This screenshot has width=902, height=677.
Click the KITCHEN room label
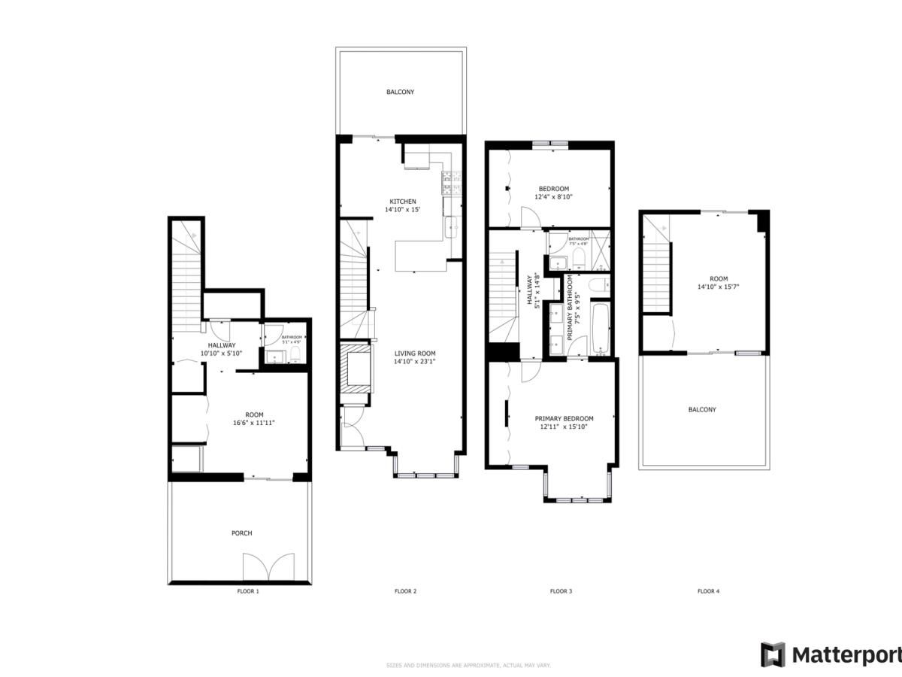point(402,201)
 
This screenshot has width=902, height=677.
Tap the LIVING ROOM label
point(415,353)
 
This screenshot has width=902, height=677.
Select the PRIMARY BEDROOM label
point(564,418)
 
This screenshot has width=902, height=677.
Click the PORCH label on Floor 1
point(241,533)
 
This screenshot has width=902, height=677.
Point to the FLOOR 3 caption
point(561,591)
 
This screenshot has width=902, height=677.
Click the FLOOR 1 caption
point(248,591)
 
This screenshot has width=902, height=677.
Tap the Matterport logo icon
point(773,654)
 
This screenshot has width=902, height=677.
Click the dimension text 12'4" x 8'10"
point(553,197)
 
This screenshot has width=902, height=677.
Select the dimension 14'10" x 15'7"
point(718,286)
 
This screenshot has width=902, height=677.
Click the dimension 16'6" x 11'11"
point(254,423)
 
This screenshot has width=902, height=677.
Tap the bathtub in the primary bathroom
point(600,328)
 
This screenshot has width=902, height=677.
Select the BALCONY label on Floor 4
point(702,410)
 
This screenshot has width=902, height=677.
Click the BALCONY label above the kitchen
point(400,92)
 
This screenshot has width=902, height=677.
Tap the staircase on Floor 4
point(657,271)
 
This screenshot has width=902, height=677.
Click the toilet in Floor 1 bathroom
point(295,354)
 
